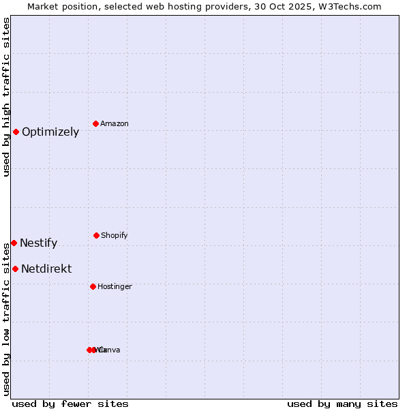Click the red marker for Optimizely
(x=16, y=132)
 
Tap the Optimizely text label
(x=50, y=132)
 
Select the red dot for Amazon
(x=96, y=123)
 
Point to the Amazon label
(x=115, y=124)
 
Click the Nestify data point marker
(x=14, y=243)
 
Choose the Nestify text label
(x=39, y=243)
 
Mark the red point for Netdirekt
(x=15, y=269)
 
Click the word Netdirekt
(x=46, y=269)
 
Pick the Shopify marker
(x=96, y=235)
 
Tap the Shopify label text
(x=115, y=236)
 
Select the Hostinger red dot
(x=93, y=286)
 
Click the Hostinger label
(x=115, y=287)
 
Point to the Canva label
(x=110, y=350)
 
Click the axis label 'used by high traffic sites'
(x=6, y=97)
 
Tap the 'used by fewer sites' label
(x=70, y=404)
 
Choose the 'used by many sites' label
(x=342, y=404)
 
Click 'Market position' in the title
(x=63, y=7)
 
